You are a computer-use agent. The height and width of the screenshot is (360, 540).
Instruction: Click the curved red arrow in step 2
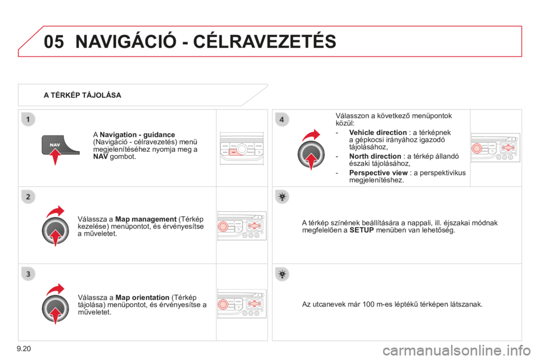(55, 213)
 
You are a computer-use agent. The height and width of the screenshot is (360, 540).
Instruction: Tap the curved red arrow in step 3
(55, 290)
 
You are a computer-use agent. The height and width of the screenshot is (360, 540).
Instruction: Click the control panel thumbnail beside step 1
(241, 149)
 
